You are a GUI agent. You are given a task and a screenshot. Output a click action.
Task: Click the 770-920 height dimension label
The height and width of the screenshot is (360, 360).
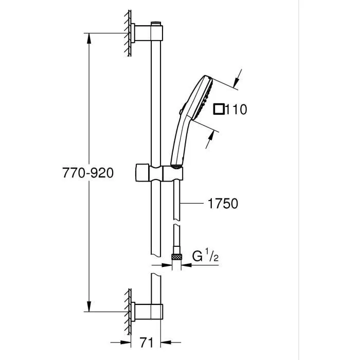coord(88,173)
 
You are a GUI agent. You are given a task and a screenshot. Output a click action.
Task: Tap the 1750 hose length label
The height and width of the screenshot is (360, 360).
coord(223,203)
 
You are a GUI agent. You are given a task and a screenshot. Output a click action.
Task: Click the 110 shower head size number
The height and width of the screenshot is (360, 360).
coord(237,109)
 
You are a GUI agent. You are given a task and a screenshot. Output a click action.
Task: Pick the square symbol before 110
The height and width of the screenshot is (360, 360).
coord(219,109)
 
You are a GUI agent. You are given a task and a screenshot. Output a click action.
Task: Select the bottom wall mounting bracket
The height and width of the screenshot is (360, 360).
coord(148,311)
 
